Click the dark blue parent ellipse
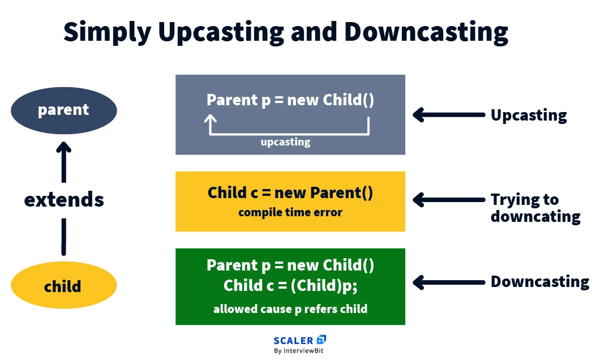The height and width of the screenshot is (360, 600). tap(63, 110)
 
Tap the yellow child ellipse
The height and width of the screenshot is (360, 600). tap(63, 286)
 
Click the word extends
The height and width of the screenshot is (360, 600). tap(64, 199)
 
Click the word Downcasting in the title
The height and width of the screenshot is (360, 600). tap(426, 32)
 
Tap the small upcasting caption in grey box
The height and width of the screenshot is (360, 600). tap(285, 142)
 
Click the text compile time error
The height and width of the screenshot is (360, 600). tap(290, 213)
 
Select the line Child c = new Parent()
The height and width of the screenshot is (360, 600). tap(290, 193)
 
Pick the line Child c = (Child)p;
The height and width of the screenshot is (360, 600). tap(290, 285)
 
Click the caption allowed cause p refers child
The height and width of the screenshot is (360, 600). tap(290, 309)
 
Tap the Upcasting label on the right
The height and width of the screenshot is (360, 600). tap(528, 115)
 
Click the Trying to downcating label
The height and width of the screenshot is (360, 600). tap(535, 208)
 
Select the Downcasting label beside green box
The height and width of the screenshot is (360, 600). tap(539, 281)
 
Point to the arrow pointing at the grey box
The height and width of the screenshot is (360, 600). tap(449, 115)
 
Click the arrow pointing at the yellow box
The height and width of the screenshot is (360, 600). tap(449, 200)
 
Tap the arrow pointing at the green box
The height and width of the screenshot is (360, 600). tap(449, 281)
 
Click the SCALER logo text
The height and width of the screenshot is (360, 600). tap(293, 340)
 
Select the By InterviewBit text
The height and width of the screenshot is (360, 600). tap(299, 351)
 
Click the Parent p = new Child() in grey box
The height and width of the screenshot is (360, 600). tap(290, 100)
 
